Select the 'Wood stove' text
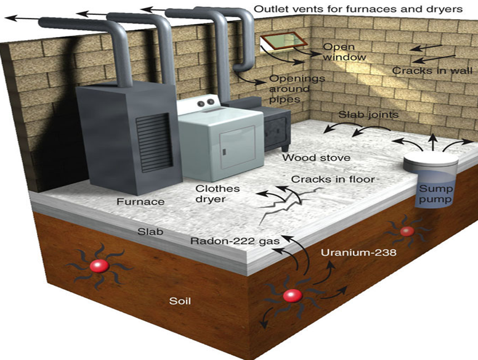pos(316,158)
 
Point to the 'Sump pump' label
pos(435,194)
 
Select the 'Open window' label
pos(345,52)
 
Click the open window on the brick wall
pos(284,42)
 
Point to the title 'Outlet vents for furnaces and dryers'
pos(358,9)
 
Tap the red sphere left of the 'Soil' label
pos(99,266)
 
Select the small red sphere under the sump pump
pos(407,232)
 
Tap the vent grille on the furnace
pos(151,138)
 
